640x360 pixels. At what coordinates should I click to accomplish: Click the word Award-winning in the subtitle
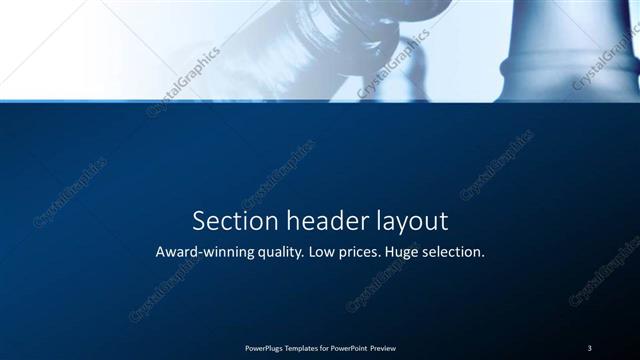204,252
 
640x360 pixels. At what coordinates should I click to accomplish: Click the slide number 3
589,348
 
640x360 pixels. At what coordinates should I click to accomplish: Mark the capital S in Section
198,220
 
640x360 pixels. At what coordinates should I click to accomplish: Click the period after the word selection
483,256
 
